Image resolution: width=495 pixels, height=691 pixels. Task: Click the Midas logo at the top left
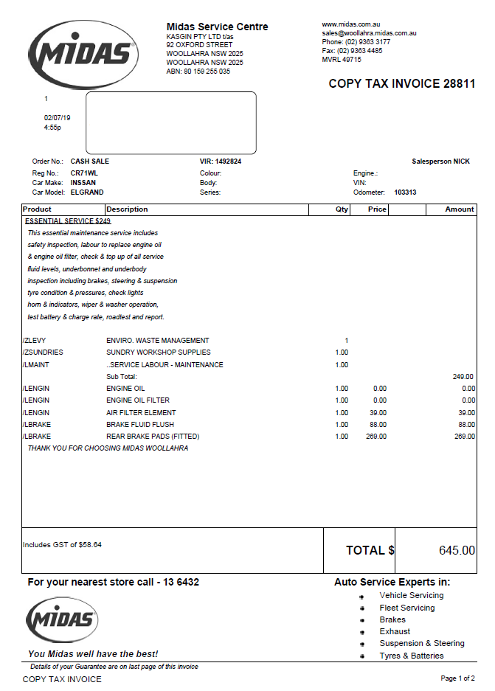pyautogui.click(x=83, y=53)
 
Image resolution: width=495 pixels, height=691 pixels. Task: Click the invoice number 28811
pyautogui.click(x=459, y=84)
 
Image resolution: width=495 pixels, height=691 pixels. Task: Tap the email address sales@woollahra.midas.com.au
pyautogui.click(x=369, y=33)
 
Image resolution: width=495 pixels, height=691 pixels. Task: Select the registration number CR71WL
pyautogui.click(x=84, y=173)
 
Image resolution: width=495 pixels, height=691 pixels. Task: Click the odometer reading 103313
pyautogui.click(x=405, y=192)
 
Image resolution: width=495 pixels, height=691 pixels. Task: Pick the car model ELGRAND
pyautogui.click(x=87, y=192)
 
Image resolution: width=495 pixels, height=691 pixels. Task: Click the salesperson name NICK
pyautogui.click(x=461, y=162)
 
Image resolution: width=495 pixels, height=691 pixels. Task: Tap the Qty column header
pyautogui.click(x=342, y=209)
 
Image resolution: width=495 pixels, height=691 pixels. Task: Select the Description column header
pyautogui.click(x=127, y=209)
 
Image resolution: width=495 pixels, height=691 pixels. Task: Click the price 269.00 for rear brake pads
pyautogui.click(x=376, y=437)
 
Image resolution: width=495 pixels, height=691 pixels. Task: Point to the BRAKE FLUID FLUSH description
pyautogui.click(x=141, y=425)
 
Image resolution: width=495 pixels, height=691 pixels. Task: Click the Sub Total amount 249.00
pyautogui.click(x=463, y=377)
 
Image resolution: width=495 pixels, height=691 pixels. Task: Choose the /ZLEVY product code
pyautogui.click(x=35, y=341)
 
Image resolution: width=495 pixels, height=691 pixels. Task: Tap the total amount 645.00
pyautogui.click(x=457, y=551)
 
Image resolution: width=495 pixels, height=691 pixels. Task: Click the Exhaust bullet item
pyautogui.click(x=395, y=631)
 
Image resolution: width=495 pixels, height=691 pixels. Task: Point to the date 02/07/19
pyautogui.click(x=58, y=118)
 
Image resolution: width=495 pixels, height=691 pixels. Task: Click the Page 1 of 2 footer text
pyautogui.click(x=457, y=678)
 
